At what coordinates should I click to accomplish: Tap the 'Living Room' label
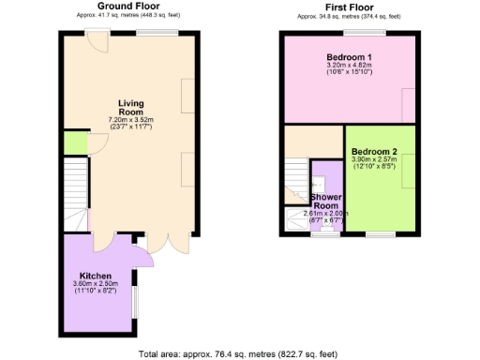pyautogui.click(x=130, y=107)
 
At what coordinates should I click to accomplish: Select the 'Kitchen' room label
pyautogui.click(x=96, y=276)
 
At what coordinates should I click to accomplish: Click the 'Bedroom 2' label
pyautogui.click(x=374, y=152)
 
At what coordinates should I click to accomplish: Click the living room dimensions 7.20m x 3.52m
pyautogui.click(x=130, y=120)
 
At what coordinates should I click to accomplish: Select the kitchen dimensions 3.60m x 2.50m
pyautogui.click(x=96, y=284)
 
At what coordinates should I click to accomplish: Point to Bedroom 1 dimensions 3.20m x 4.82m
pyautogui.click(x=349, y=65)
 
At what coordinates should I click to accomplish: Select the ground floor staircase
pyautogui.click(x=74, y=191)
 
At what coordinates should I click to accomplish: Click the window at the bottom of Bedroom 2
pyautogui.click(x=381, y=232)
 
